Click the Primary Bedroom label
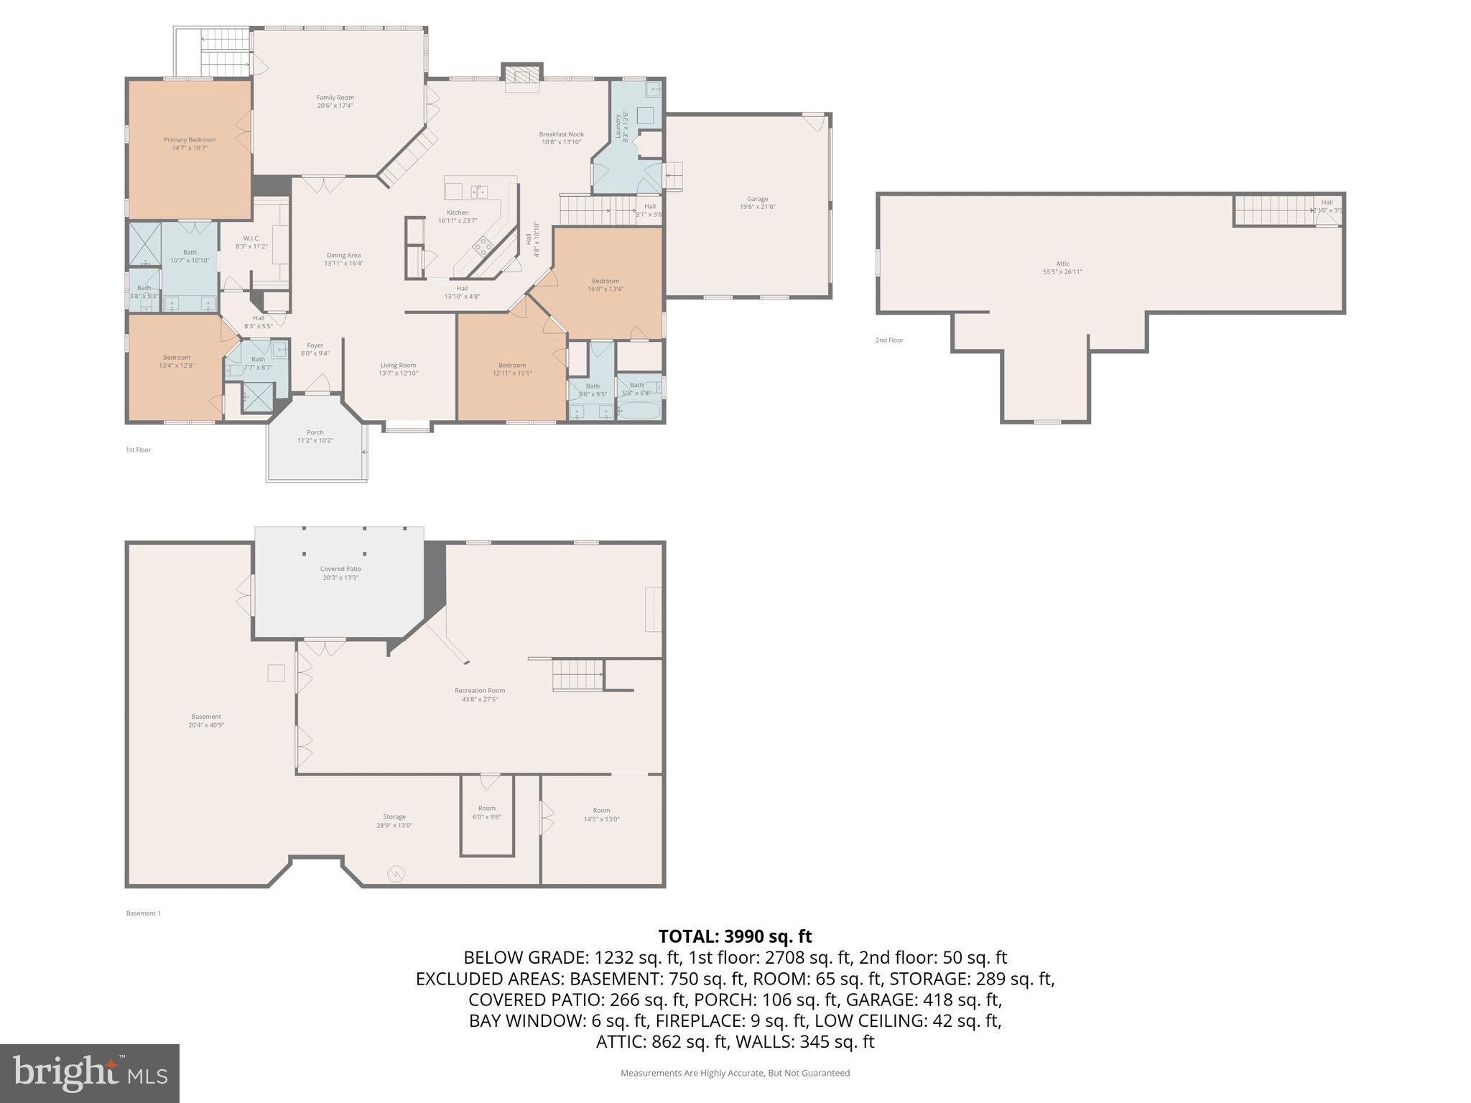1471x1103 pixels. pos(190,144)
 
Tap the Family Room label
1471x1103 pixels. pos(335,101)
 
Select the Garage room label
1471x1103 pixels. pos(757,203)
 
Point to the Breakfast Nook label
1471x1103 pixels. pos(562,138)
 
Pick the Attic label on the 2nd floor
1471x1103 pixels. pos(1062,267)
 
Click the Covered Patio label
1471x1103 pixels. pos(340,572)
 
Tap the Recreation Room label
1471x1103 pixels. pos(480,694)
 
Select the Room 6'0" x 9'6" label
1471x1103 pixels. pos(486,812)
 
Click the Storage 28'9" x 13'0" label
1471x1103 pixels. pos(394,821)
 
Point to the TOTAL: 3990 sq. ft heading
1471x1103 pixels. pos(735,936)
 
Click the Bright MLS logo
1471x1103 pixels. pos(90,1074)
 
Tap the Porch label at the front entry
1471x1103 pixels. pos(315,436)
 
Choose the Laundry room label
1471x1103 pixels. pos(621,126)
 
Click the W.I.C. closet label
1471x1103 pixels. pos(251,242)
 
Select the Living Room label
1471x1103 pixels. pos(398,369)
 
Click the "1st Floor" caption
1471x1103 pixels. pos(139,450)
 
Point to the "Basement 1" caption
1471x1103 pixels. pos(144,913)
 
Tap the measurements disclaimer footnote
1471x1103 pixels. pos(735,1073)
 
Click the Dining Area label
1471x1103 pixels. pos(343,259)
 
